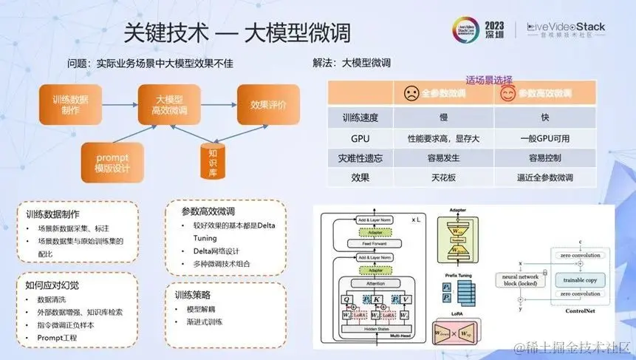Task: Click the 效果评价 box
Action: pos(269,104)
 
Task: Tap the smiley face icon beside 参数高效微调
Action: pos(507,94)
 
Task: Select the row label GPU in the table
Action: pos(360,137)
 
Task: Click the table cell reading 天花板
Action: pos(443,177)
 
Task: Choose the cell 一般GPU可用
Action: pos(545,137)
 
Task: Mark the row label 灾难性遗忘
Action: pos(360,157)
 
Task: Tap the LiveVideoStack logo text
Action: pos(566,27)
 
